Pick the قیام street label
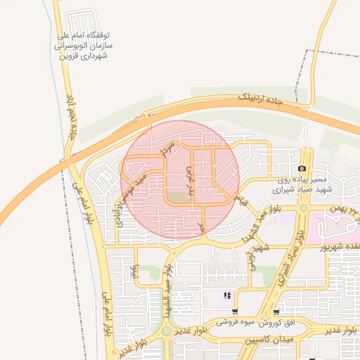point(244,200)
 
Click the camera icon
point(302,169)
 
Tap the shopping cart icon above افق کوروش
point(277,311)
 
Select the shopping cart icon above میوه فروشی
point(235,311)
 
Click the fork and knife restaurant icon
point(226,296)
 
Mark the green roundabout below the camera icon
point(303,207)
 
